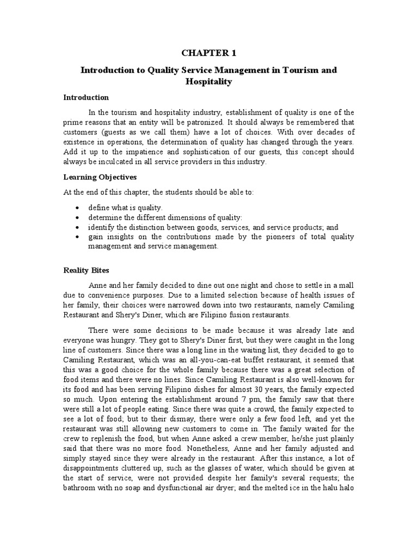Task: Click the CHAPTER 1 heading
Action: (x=208, y=52)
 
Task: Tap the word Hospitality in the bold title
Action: (x=208, y=82)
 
